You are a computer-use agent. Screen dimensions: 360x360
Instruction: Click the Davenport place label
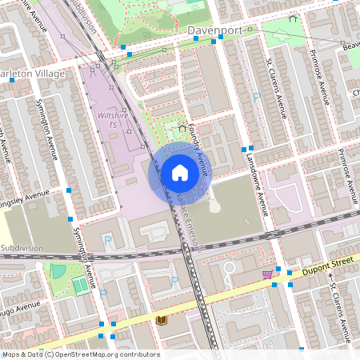point(214,32)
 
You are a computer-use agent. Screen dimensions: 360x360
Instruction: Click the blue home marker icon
point(179,172)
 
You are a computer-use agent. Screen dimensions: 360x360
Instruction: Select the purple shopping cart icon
point(266,274)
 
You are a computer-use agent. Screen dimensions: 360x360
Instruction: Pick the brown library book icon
point(162,320)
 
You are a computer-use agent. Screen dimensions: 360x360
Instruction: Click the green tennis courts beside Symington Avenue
point(80,285)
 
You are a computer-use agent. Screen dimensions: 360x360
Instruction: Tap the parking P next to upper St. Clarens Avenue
point(256,97)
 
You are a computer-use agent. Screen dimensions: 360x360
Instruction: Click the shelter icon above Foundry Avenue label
point(182,126)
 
